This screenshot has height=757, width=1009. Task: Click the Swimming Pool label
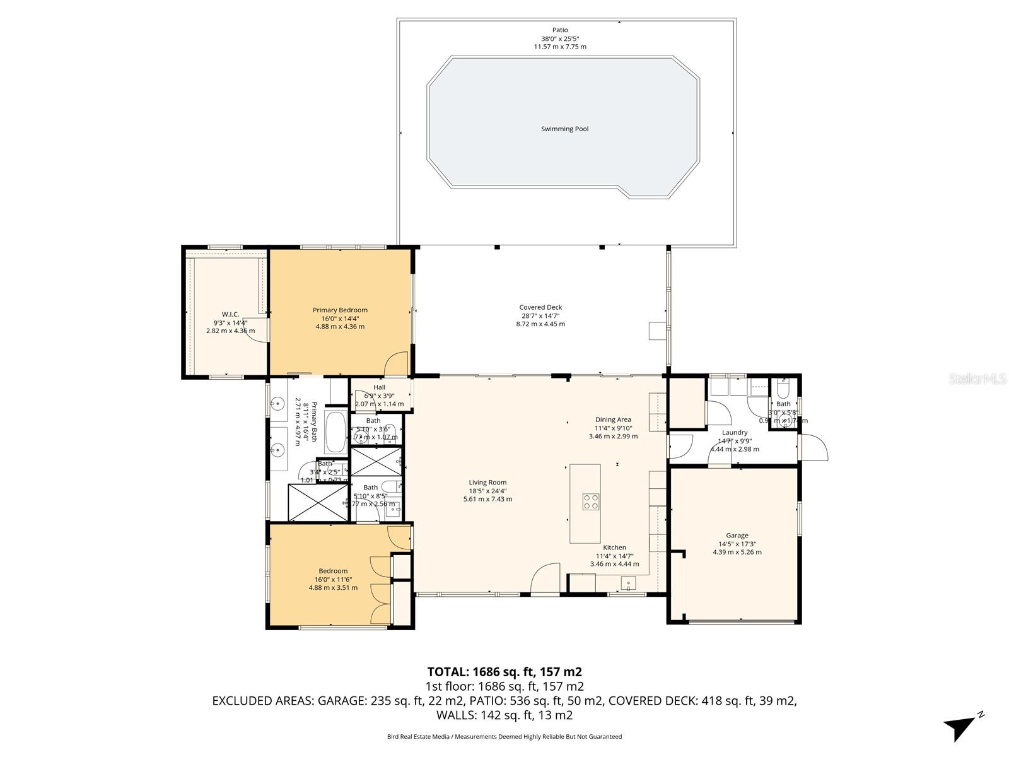click(x=564, y=129)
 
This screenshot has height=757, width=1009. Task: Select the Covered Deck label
click(x=540, y=307)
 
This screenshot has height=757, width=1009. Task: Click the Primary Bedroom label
click(x=340, y=310)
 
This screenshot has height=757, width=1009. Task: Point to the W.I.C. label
click(x=230, y=314)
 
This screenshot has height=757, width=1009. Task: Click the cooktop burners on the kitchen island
click(x=591, y=502)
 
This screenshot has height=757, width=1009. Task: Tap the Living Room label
click(x=487, y=483)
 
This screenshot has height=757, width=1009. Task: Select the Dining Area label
click(x=613, y=420)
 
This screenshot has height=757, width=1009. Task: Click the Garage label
click(x=737, y=536)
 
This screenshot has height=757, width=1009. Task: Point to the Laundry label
click(x=735, y=433)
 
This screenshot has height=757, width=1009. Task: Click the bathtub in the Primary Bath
click(x=335, y=432)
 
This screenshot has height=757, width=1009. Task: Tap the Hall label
click(x=379, y=387)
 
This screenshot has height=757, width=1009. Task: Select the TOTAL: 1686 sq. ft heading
click(x=504, y=672)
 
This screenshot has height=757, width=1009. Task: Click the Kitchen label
click(x=614, y=548)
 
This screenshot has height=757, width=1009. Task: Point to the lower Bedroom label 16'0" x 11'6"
click(x=333, y=579)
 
